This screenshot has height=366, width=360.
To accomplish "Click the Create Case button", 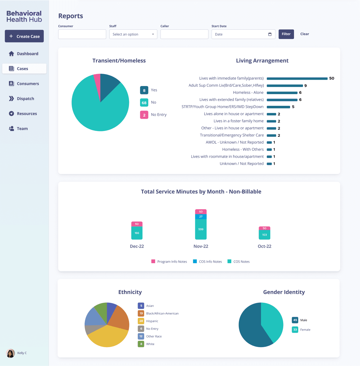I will [x=24, y=36].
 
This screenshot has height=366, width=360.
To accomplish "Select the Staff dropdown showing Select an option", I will [x=133, y=34].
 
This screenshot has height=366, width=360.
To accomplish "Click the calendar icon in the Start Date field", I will [x=270, y=34].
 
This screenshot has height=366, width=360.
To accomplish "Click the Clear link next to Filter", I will [x=304, y=34].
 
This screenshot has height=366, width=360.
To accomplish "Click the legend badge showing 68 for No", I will [x=144, y=103].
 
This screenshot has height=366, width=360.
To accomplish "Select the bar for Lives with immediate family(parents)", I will [x=297, y=79].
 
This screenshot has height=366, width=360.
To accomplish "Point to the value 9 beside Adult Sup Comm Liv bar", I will [x=305, y=86].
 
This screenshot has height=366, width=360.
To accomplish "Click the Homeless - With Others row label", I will [x=243, y=149].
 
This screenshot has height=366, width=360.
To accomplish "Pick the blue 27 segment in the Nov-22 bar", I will [x=201, y=216].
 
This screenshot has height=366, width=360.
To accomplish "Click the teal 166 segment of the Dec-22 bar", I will [x=137, y=233].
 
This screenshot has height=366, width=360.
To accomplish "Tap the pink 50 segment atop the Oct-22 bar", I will [x=264, y=228].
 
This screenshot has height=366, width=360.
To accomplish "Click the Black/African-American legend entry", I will [x=162, y=314].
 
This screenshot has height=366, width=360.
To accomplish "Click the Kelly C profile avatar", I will [x=10, y=353].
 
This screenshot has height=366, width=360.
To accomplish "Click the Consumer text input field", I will [x=82, y=34].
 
